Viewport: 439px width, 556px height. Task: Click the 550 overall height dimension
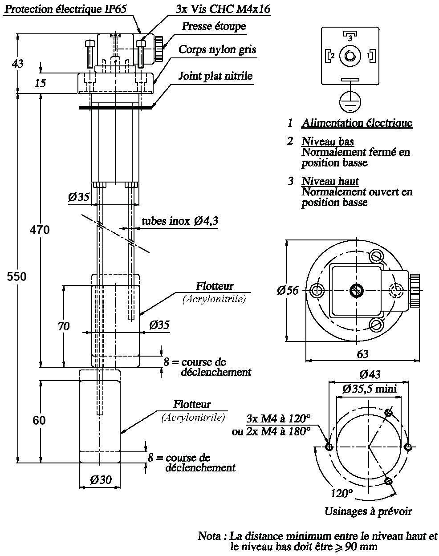coord(16,277)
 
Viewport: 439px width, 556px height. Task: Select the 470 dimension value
coord(39,230)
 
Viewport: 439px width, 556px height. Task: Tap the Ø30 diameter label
coord(101,480)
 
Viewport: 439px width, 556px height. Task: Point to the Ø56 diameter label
coord(287,290)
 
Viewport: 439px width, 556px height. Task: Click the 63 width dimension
coord(362,354)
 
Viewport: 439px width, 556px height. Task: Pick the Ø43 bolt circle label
coord(370,374)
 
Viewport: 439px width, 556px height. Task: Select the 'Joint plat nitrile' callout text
coord(215,76)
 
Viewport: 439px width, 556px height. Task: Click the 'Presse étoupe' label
coord(214,26)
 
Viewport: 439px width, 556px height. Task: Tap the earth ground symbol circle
coord(350,102)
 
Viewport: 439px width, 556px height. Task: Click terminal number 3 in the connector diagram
coord(350,39)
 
